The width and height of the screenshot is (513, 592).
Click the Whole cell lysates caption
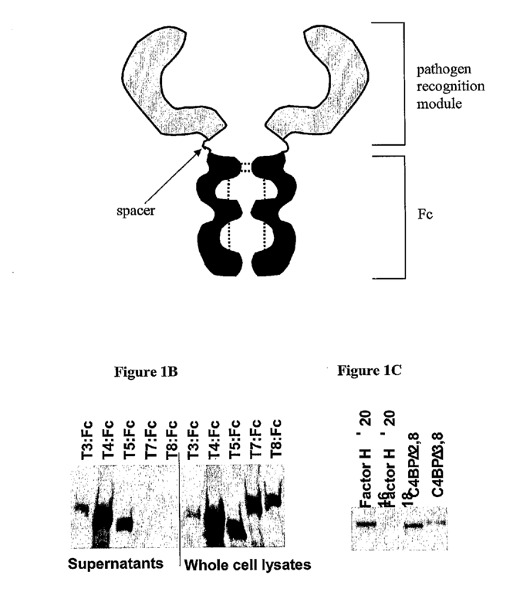pyautogui.click(x=247, y=564)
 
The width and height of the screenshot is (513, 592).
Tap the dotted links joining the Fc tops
pyautogui.click(x=245, y=164)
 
